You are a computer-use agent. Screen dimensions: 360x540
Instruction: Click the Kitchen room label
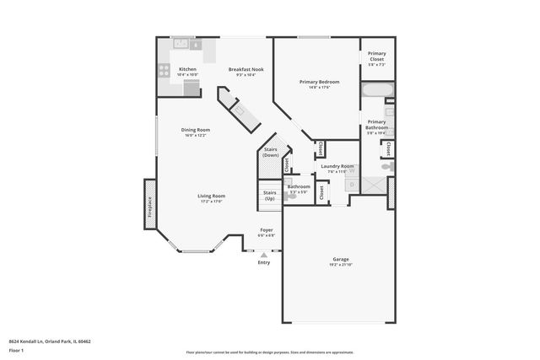[187, 69]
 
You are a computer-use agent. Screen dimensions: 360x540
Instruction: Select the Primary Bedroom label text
[319, 82]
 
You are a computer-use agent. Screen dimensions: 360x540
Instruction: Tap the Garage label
[340, 259]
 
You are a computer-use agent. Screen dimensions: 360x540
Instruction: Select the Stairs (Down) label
[270, 153]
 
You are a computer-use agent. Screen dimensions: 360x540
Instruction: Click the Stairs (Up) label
[270, 196]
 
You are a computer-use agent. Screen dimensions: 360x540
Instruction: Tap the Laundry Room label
[337, 166]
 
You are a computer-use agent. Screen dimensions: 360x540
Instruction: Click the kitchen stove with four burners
[164, 70]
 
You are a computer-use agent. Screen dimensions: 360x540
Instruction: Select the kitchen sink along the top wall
[181, 42]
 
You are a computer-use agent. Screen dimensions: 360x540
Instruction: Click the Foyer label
[267, 229]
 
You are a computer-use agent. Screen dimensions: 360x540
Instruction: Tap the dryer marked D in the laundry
[328, 182]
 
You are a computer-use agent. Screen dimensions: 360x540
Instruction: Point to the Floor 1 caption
[16, 349]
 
